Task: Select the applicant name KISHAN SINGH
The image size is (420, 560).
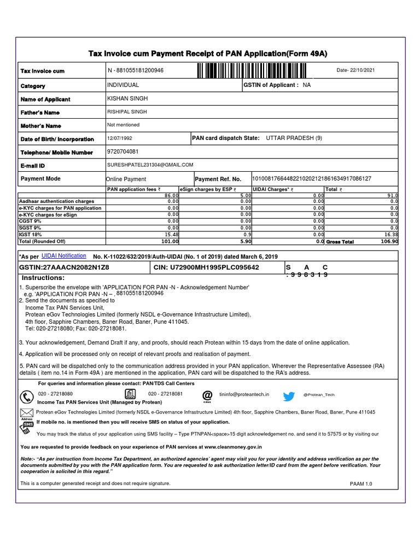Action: click(x=127, y=98)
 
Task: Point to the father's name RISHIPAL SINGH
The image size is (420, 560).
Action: click(x=127, y=112)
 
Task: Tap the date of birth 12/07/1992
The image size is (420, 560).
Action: click(x=120, y=139)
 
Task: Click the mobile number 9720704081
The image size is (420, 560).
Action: click(x=123, y=152)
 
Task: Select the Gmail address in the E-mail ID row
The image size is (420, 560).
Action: click(x=150, y=165)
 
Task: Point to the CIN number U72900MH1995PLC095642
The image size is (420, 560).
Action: click(x=207, y=267)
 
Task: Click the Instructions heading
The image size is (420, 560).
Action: click(x=43, y=278)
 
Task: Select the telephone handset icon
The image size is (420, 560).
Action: click(x=26, y=396)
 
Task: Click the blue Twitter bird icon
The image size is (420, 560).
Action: click(x=288, y=396)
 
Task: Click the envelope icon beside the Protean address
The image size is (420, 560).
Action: click(x=26, y=412)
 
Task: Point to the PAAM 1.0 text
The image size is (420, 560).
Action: click(x=361, y=484)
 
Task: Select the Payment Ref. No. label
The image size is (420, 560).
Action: click(x=218, y=179)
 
